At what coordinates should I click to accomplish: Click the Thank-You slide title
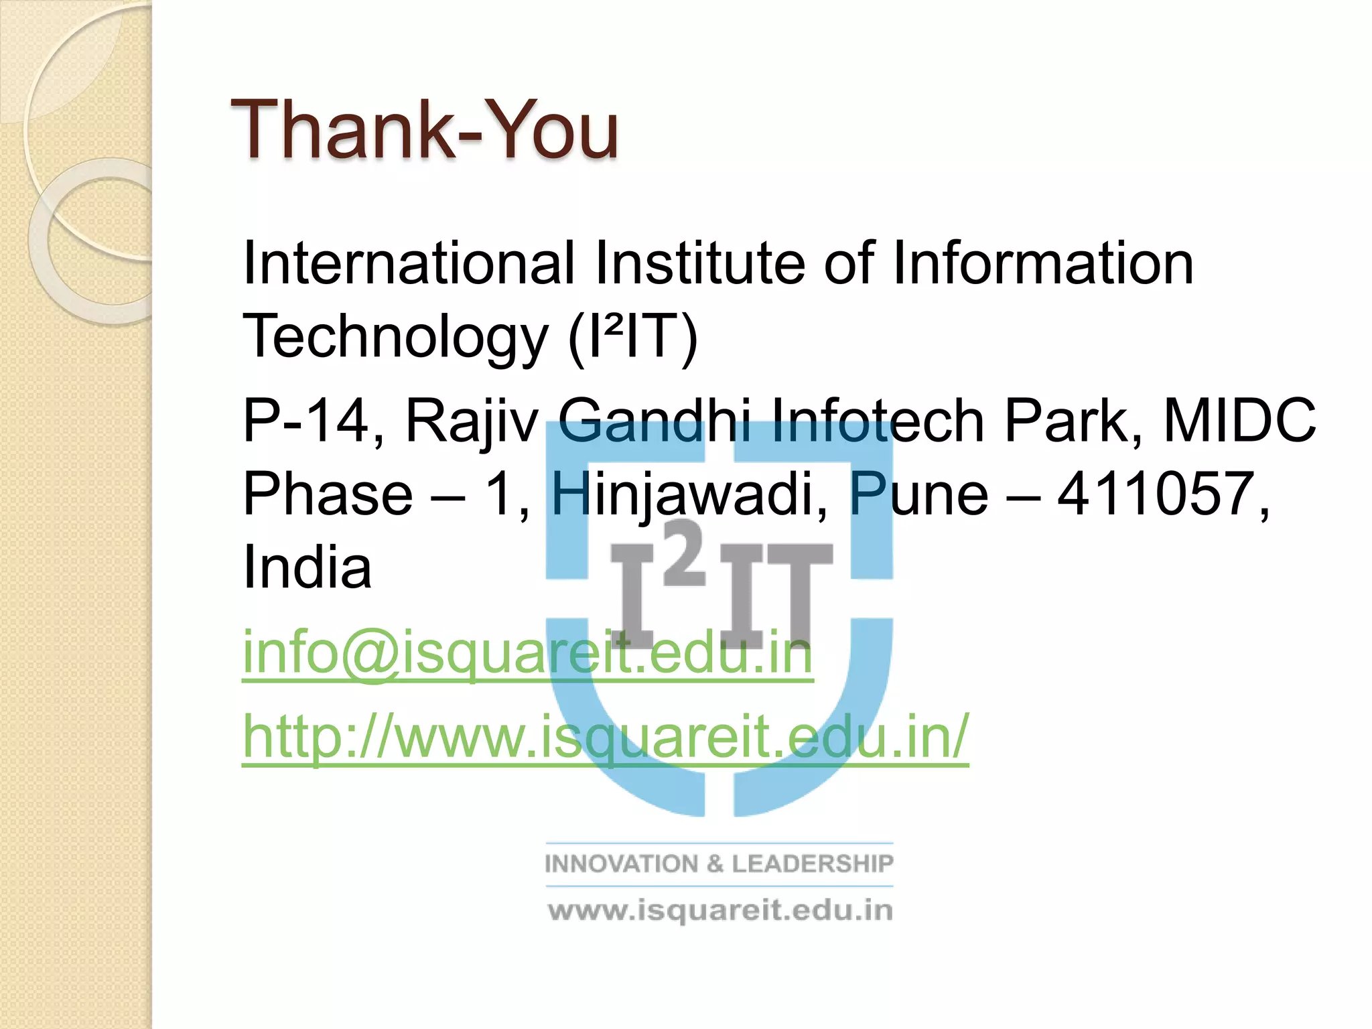coord(425,130)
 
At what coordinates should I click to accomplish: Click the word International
coord(409,263)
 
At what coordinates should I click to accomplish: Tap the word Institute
coord(700,263)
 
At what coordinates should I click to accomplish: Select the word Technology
coord(395,336)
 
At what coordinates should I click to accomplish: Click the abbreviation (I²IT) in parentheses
coord(633,336)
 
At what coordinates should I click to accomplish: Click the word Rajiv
coord(472,421)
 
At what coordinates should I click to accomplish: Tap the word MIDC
coord(1239,421)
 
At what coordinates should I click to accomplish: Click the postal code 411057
coord(1162,494)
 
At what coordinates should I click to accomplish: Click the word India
coord(307,567)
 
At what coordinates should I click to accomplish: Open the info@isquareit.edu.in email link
coord(528,653)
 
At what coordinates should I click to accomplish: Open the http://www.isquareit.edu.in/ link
coord(605,737)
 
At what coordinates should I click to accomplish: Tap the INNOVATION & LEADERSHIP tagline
coord(719,864)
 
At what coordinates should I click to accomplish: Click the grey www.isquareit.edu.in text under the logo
coord(720,911)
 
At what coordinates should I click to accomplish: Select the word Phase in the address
coord(328,494)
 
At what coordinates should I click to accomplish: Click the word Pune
coord(918,494)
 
